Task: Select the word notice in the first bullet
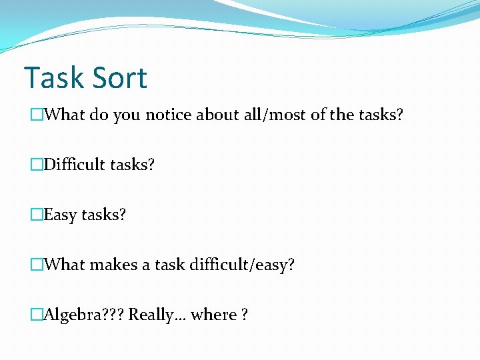(x=169, y=115)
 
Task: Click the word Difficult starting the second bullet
(x=71, y=165)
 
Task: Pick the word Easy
(x=60, y=215)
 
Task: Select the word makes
(x=113, y=265)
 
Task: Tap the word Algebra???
(x=84, y=315)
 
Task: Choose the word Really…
(x=157, y=315)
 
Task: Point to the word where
(x=214, y=315)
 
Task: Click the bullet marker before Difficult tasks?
(x=37, y=165)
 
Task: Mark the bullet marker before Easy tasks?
(x=37, y=215)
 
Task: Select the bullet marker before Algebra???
(x=37, y=315)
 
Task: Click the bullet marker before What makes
(x=37, y=265)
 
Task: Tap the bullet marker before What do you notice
(x=37, y=115)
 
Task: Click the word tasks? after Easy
(x=103, y=215)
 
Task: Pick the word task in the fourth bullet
(x=169, y=265)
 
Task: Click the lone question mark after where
(x=245, y=315)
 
